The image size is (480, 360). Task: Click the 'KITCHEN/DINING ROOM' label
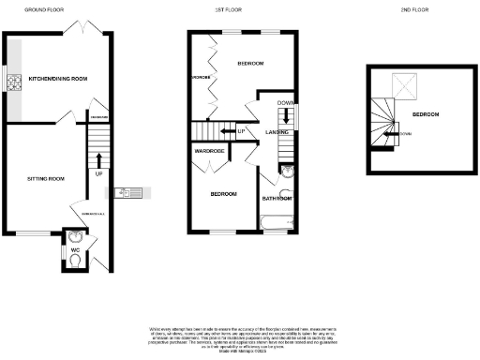(57, 79)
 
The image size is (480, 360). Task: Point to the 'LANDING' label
(277, 132)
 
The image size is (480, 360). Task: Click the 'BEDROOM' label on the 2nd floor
(425, 114)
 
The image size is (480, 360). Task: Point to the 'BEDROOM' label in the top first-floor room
(249, 64)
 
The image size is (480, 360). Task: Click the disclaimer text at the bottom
(240, 339)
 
